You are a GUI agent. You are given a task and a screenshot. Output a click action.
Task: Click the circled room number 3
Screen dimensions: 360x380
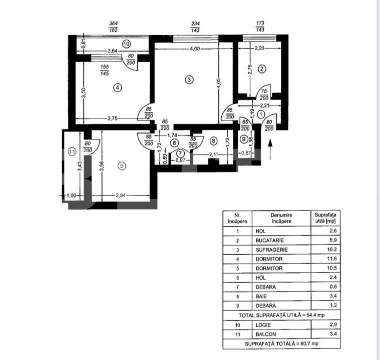[x=189, y=79]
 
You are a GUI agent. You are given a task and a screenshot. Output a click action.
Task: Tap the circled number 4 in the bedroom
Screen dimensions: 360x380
[x=117, y=87]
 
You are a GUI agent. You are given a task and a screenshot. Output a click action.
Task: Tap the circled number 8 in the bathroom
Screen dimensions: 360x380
[x=213, y=141]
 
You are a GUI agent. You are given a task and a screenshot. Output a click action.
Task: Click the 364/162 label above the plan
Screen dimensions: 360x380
[x=113, y=26]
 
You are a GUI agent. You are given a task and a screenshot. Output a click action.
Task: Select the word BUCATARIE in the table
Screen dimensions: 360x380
[x=269, y=240]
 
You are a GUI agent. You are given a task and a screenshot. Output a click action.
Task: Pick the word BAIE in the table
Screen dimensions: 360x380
[x=261, y=296]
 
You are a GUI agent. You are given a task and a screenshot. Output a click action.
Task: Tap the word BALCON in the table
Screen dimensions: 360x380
[x=265, y=334]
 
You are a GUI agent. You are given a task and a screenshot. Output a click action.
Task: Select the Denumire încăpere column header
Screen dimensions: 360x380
[x=280, y=218]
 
